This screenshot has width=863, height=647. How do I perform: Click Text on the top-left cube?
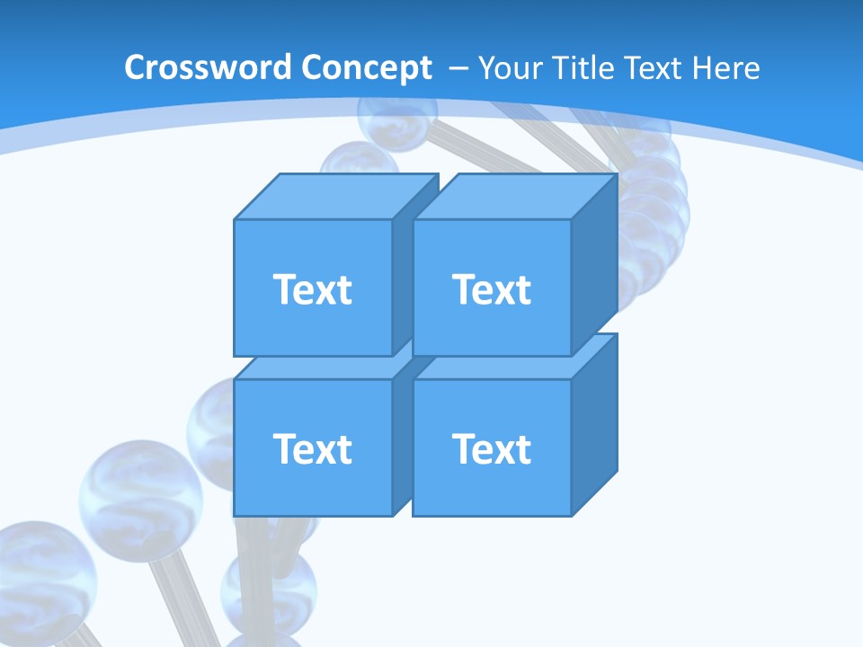(312, 289)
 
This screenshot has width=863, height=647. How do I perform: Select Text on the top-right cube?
(492, 289)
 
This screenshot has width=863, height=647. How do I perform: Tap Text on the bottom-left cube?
(312, 448)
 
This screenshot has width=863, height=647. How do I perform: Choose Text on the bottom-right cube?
(492, 448)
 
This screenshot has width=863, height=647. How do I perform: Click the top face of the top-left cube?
(333, 196)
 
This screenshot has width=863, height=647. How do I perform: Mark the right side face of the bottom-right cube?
(594, 422)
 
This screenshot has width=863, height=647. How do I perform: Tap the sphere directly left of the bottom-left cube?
(211, 422)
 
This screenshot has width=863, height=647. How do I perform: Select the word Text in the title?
(654, 68)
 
